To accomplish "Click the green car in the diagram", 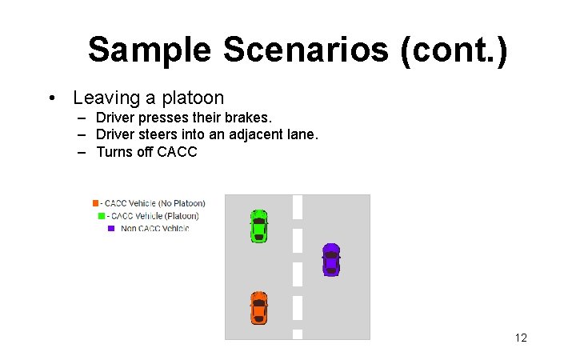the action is click(258, 226).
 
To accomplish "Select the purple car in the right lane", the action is click(330, 259).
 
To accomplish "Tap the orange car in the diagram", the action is click(258, 308).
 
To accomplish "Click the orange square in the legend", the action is click(95, 203).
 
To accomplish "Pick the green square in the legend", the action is click(102, 216).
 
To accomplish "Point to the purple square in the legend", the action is click(111, 229).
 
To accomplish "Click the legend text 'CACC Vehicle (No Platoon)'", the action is click(155, 203).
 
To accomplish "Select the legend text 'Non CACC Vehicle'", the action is click(155, 229).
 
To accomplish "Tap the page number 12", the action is click(521, 338).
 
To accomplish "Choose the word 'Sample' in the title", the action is click(150, 50).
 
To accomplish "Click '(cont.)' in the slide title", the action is click(457, 50).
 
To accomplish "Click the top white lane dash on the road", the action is click(298, 206).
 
